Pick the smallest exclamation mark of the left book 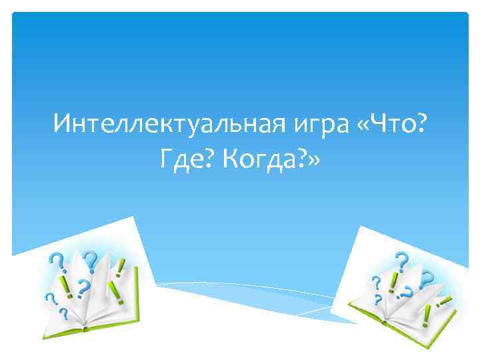pos(121,266)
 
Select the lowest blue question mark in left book pos(63,312)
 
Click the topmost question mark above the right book pos(401,259)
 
